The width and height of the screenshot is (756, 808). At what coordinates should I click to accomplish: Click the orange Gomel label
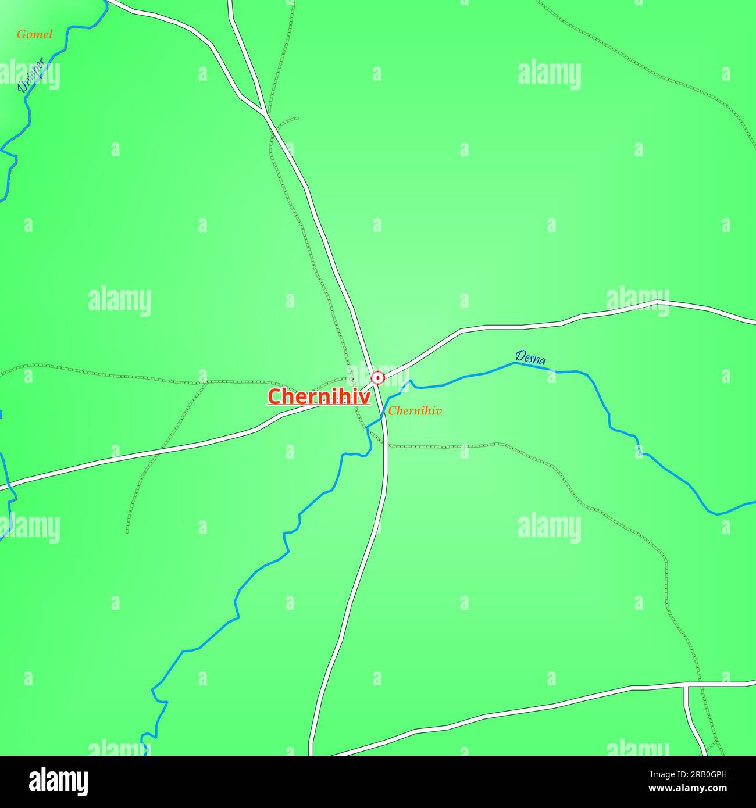(34, 34)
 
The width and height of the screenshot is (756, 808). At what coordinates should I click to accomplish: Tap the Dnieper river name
(31, 76)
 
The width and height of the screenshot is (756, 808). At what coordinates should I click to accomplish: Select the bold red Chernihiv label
(319, 396)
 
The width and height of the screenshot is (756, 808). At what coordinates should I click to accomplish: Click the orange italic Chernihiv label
(415, 411)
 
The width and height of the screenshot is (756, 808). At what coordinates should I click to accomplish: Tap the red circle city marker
(378, 378)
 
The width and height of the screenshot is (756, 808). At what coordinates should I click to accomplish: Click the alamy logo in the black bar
(59, 782)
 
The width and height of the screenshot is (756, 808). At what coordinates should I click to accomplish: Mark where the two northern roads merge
(265, 112)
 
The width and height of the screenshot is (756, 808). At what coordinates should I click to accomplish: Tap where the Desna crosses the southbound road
(384, 414)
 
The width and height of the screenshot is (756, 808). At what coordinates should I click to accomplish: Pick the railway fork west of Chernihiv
(206, 382)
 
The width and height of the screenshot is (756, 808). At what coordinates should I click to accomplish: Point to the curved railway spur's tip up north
(297, 119)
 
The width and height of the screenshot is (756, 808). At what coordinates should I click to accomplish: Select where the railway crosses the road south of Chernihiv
(386, 446)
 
